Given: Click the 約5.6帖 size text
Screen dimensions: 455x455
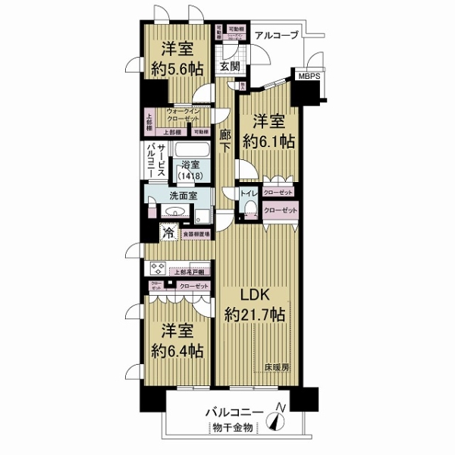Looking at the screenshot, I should (177, 67).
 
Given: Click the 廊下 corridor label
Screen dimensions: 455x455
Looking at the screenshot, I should (225, 141).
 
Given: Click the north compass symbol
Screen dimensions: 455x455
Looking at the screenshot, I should (280, 416).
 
